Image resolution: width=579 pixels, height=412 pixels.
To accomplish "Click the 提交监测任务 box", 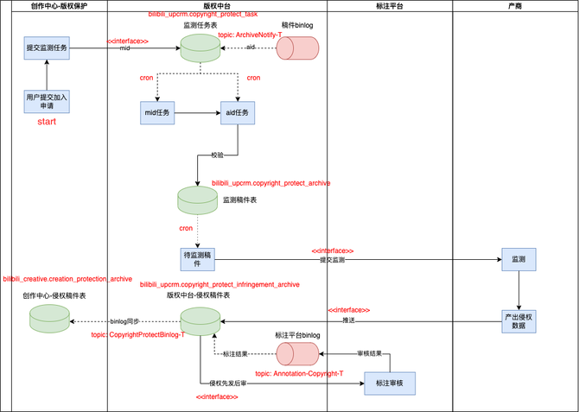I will pyautogui.click(x=47, y=49).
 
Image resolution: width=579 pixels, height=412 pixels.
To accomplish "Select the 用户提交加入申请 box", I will pyautogui.click(x=47, y=101).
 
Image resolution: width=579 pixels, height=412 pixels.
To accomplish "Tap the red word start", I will pyautogui.click(x=47, y=122).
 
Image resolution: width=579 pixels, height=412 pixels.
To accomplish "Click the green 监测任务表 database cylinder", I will pyautogui.click(x=200, y=48).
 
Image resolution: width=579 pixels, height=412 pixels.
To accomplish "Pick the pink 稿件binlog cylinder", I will pyautogui.click(x=298, y=48).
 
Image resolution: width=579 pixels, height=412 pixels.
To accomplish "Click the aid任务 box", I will pyautogui.click(x=238, y=112).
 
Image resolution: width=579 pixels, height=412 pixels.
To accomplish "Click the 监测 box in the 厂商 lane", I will pyautogui.click(x=519, y=259).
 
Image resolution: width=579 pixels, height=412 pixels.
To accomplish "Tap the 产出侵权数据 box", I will pyautogui.click(x=519, y=320).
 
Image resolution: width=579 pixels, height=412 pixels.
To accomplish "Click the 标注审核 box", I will pyautogui.click(x=390, y=382).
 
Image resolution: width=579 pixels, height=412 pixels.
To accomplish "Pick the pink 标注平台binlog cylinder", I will pyautogui.click(x=298, y=353).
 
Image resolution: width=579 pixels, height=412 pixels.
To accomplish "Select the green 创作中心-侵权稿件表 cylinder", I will pyautogui.click(x=50, y=319).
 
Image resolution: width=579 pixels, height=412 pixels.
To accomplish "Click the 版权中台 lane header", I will pyautogui.click(x=216, y=7).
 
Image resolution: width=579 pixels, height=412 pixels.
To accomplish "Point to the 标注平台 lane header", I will pyautogui.click(x=389, y=7).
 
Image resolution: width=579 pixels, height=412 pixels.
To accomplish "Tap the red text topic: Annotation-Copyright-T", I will pyautogui.click(x=299, y=374).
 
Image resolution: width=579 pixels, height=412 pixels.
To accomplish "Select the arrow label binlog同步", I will pyautogui.click(x=124, y=321).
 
